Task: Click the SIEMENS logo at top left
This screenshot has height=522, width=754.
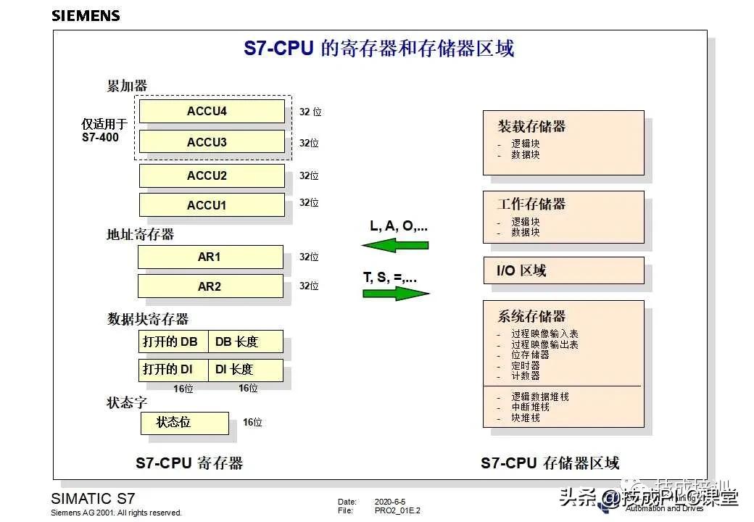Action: coord(86,16)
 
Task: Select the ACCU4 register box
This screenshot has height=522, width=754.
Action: coord(212,112)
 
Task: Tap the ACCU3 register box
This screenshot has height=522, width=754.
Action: coord(212,142)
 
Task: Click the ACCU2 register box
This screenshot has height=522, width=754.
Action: coord(212,175)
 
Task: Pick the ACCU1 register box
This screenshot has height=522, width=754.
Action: coord(212,205)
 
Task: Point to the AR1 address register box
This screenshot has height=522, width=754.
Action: coord(210,257)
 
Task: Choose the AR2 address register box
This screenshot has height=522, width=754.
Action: coord(210,286)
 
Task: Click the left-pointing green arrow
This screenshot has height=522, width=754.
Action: coord(395,245)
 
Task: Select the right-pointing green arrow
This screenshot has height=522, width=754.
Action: coord(396,294)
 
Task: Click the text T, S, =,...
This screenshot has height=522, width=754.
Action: coord(390,277)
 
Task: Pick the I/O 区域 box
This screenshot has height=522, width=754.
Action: coord(563,270)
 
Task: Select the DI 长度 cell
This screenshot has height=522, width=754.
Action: coord(246,370)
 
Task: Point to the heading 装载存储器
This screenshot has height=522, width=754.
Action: coord(531,126)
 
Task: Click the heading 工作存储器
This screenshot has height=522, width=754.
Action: coord(531,204)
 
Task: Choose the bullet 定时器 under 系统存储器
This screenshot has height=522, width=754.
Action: coord(525,366)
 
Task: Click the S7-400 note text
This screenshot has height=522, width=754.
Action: coord(100,137)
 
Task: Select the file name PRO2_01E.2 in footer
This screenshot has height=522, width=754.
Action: coord(397,510)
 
